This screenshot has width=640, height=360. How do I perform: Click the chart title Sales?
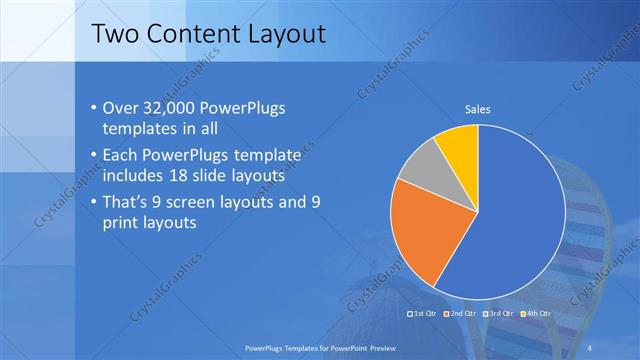pyautogui.click(x=477, y=109)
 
